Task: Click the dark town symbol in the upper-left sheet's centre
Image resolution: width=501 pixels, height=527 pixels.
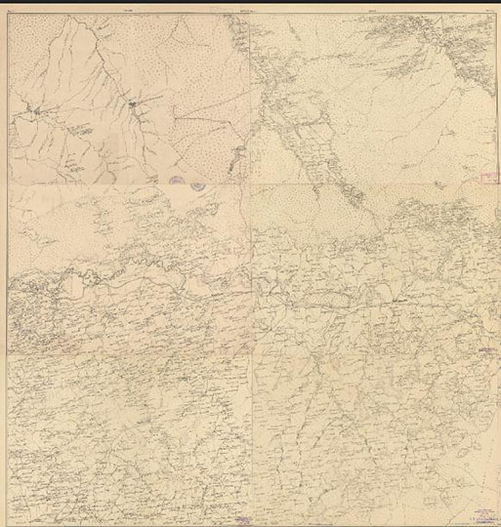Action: tap(130, 101)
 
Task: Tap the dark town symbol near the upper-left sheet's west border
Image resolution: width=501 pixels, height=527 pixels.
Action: tap(37, 115)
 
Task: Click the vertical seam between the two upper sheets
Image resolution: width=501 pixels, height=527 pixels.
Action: tap(246, 98)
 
